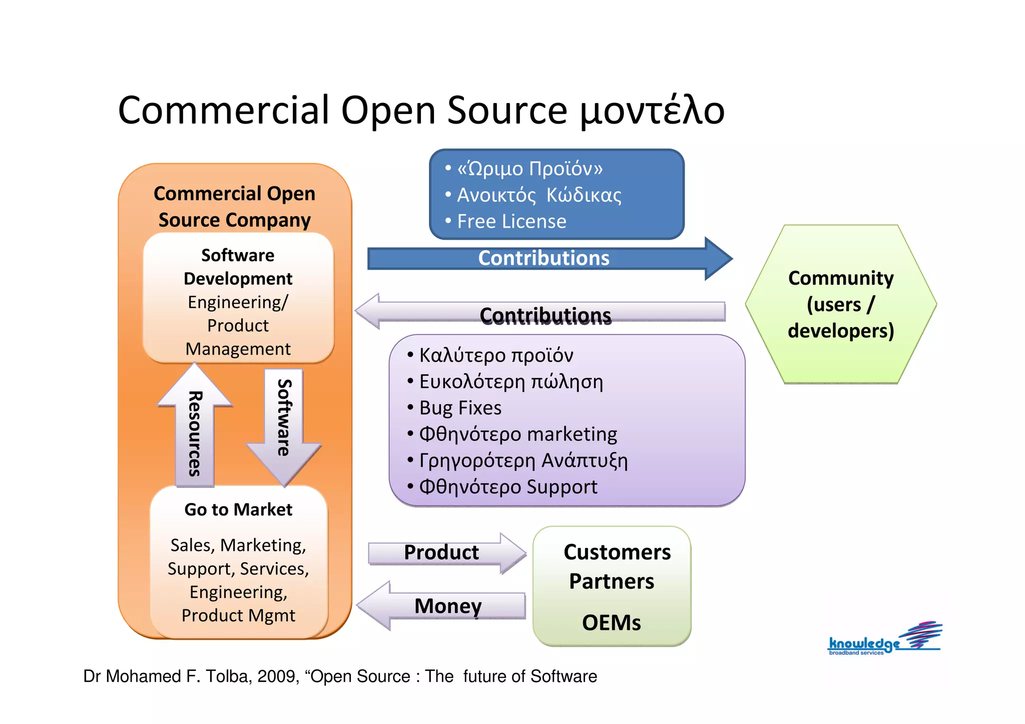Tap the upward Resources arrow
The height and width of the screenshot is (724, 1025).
pos(194,430)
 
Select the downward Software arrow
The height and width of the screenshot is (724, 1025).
pos(284,420)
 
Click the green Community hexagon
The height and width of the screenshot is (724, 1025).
pos(840,304)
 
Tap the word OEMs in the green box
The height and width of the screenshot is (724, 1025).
pos(611,623)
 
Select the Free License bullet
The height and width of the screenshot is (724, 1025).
pos(511,222)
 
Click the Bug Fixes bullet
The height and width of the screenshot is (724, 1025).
pos(459,408)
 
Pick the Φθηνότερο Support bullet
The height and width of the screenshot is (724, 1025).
pos(507,487)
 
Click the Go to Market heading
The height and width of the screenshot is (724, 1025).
pos(238,509)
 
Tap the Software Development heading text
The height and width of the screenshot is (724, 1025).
pos(238,267)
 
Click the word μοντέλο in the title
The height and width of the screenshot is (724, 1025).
pos(652,111)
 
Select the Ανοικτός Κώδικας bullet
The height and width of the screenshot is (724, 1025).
pos(539,195)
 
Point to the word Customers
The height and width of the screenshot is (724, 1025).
pos(617,552)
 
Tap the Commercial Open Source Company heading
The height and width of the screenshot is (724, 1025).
pos(234,207)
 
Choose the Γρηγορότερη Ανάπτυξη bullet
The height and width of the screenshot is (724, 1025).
pos(523,460)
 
